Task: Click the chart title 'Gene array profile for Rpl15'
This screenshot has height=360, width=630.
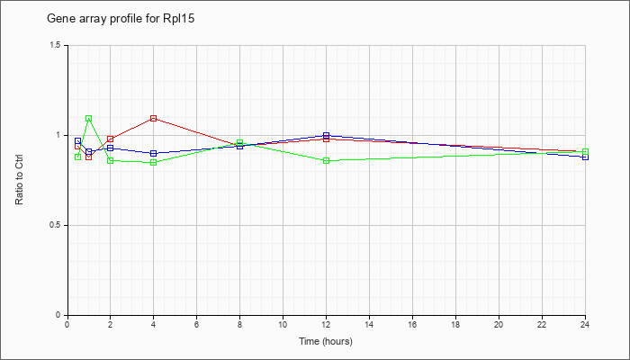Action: pyautogui.click(x=121, y=19)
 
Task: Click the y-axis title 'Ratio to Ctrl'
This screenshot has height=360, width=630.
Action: pyautogui.click(x=19, y=180)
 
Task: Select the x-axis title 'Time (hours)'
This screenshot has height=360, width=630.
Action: pyautogui.click(x=326, y=341)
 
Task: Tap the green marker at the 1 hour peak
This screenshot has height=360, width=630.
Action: pyautogui.click(x=89, y=119)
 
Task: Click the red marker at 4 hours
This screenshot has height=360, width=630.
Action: pyautogui.click(x=154, y=119)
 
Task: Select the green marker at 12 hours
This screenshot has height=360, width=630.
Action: pyautogui.click(x=326, y=161)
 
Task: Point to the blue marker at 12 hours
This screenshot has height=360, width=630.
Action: pyautogui.click(x=326, y=135)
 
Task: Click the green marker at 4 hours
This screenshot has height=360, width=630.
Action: pyautogui.click(x=154, y=162)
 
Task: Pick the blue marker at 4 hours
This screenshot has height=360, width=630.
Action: pyautogui.click(x=154, y=154)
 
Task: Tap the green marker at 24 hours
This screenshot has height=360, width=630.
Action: pyautogui.click(x=585, y=152)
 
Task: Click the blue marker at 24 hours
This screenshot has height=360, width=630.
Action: pyautogui.click(x=585, y=157)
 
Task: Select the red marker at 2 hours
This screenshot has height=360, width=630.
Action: pyautogui.click(x=111, y=139)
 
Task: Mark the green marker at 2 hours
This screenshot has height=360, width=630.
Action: pyautogui.click(x=111, y=161)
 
